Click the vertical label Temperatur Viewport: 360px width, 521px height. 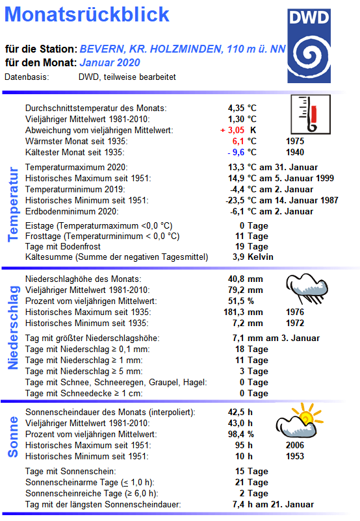tap(13, 204)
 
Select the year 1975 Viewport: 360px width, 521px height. tap(296, 141)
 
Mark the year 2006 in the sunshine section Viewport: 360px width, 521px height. tap(295, 445)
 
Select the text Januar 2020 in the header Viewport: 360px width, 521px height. tap(109, 63)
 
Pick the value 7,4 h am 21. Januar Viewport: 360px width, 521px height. tap(274, 504)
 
